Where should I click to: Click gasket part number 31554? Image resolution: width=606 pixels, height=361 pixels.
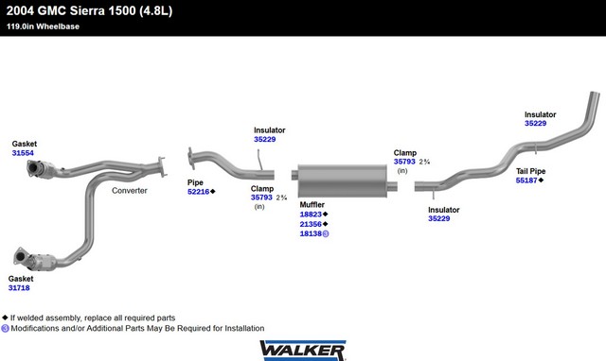23,153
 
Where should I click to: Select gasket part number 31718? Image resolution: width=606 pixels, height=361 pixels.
19,287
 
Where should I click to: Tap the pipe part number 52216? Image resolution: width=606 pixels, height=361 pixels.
198,192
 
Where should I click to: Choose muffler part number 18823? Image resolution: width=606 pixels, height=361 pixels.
311,215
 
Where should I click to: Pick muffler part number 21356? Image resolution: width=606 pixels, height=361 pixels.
311,224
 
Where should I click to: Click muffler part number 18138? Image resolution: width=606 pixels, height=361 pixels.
311,233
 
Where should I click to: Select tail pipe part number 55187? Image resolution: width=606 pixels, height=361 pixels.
526,180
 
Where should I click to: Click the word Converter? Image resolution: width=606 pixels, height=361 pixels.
130,191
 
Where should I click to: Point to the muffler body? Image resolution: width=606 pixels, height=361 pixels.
343,180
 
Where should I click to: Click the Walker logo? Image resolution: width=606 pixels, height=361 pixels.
303,351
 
